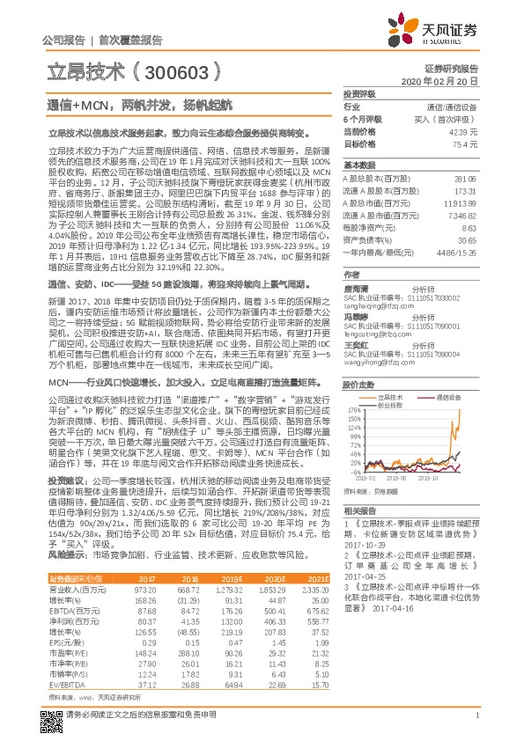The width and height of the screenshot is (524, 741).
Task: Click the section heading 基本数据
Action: pyautogui.click(x=359, y=165)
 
